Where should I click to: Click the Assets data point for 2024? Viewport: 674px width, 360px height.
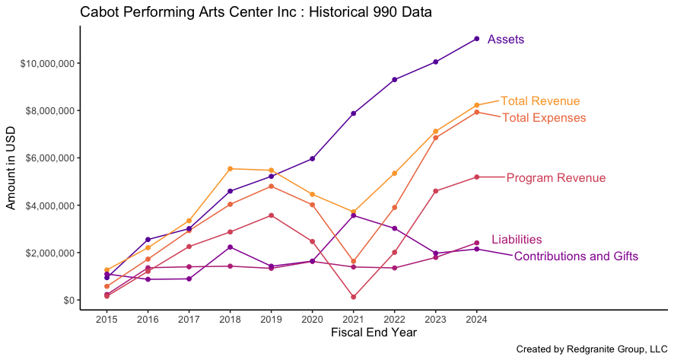click(x=477, y=39)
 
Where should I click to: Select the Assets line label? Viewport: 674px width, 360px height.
click(x=506, y=39)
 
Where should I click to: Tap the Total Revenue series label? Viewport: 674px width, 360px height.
click(x=540, y=100)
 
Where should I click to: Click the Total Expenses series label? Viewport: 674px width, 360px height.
click(x=544, y=117)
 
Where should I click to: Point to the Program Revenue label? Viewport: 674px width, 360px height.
click(x=556, y=177)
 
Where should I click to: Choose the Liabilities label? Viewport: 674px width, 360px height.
click(x=517, y=239)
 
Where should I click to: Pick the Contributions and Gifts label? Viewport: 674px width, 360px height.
click(x=576, y=256)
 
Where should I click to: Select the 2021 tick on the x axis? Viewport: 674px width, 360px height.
click(x=353, y=319)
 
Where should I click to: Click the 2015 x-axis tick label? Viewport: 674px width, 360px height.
click(x=107, y=319)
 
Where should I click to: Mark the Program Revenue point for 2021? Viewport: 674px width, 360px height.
click(x=353, y=297)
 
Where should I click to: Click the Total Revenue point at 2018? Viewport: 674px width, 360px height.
click(x=230, y=169)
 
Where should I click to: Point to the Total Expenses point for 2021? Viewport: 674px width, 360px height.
click(x=353, y=261)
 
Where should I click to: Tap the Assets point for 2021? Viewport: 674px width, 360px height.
click(x=353, y=113)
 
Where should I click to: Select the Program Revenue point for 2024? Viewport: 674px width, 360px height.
click(x=477, y=177)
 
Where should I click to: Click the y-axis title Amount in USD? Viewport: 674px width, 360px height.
click(x=11, y=168)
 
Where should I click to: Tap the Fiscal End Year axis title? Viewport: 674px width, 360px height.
click(x=374, y=333)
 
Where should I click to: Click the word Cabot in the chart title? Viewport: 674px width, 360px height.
click(x=95, y=11)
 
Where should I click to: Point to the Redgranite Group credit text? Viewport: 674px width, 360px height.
click(x=592, y=349)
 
